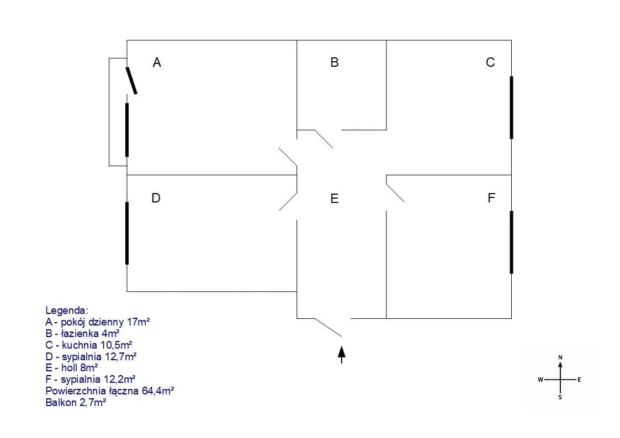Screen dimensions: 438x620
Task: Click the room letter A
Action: coord(157,63)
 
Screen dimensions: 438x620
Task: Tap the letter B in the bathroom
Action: coord(334,62)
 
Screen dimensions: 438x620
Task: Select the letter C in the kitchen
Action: coord(490,62)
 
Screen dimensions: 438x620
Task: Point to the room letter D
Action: coord(156,197)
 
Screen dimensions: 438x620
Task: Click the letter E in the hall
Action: coord(334,199)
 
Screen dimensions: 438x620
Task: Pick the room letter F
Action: coord(491,198)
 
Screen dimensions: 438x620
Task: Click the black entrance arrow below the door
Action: coord(342,354)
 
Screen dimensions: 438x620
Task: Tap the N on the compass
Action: coord(560,358)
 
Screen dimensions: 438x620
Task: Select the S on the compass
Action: coord(560,397)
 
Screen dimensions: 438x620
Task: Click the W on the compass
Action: coord(540,380)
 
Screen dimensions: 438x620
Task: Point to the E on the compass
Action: coord(579,380)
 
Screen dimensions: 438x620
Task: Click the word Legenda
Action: coord(67,311)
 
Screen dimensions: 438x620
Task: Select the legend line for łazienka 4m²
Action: coord(83,333)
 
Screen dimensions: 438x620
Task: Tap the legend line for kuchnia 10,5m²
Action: coord(89,345)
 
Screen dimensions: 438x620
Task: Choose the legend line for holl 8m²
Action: coord(72,367)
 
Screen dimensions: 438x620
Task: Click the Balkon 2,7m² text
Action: coord(76,403)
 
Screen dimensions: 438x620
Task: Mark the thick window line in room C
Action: coord(511,107)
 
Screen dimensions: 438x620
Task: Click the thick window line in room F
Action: coord(511,242)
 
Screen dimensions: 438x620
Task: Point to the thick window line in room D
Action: coord(127,233)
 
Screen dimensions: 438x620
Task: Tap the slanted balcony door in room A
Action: coord(131,81)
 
